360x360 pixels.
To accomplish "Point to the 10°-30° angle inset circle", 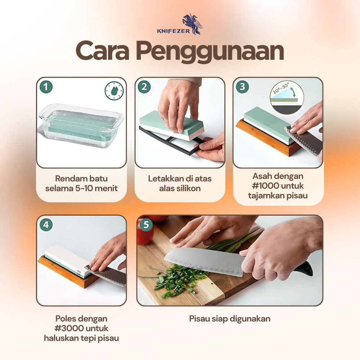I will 287,96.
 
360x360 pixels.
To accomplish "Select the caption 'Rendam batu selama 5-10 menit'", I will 81,183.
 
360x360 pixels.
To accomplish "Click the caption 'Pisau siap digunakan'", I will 230,319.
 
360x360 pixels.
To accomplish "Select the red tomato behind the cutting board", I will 145,236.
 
